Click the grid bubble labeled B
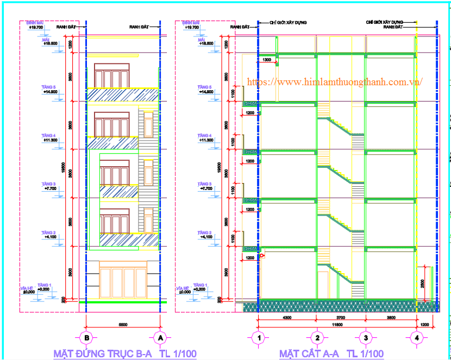click(x=86, y=338)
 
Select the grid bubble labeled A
click(x=159, y=338)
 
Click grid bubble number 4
click(x=417, y=338)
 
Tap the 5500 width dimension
click(x=123, y=324)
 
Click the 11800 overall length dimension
click(x=337, y=324)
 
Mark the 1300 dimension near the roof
click(x=267, y=59)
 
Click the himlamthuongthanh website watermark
click(x=335, y=81)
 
